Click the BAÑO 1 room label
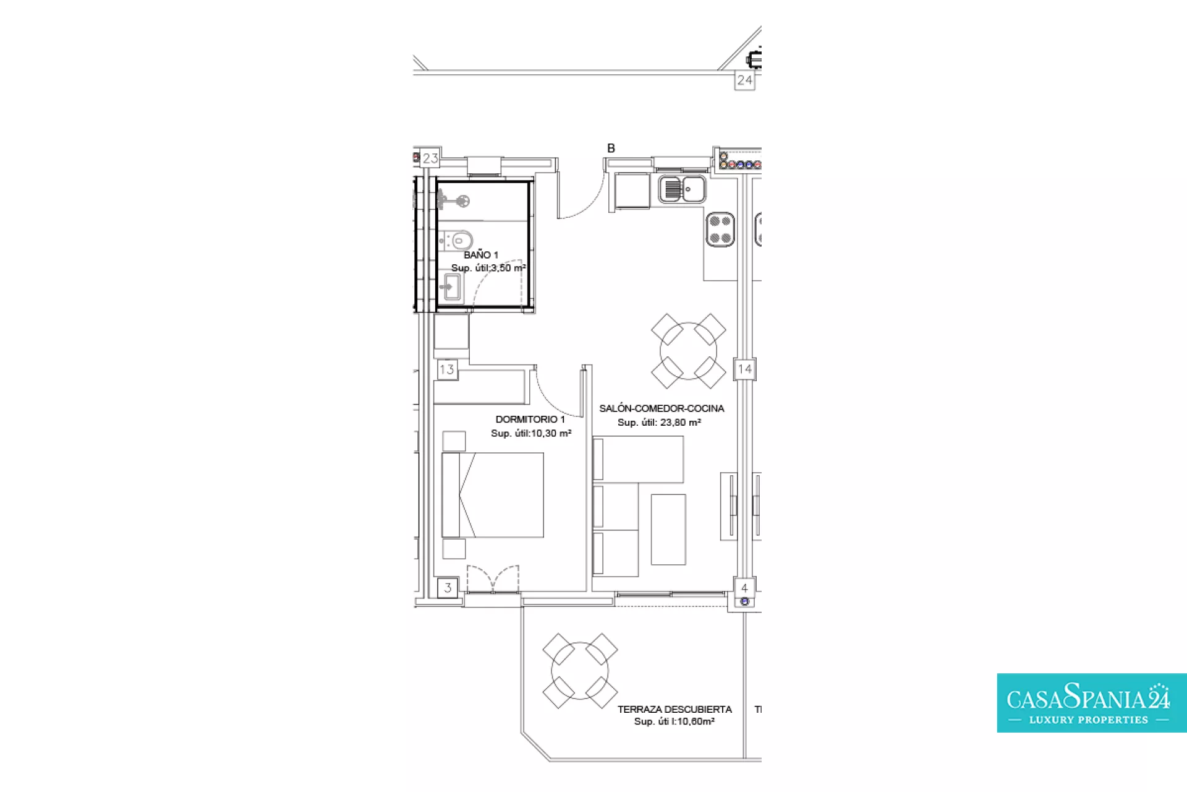(481, 254)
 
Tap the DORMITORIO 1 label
(530, 419)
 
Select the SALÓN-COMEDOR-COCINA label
(662, 408)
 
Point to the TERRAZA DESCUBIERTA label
(674, 709)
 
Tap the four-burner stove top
(720, 230)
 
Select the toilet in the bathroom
(457, 239)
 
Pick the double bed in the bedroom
(493, 495)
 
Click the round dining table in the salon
(688, 351)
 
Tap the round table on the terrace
(580, 671)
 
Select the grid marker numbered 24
(744, 80)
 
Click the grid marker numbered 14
(744, 369)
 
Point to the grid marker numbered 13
(447, 370)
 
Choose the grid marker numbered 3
(448, 588)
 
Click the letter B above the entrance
(611, 148)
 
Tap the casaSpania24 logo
(1091, 703)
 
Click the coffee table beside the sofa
(668, 529)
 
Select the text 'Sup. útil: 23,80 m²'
(659, 423)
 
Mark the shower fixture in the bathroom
(454, 200)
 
